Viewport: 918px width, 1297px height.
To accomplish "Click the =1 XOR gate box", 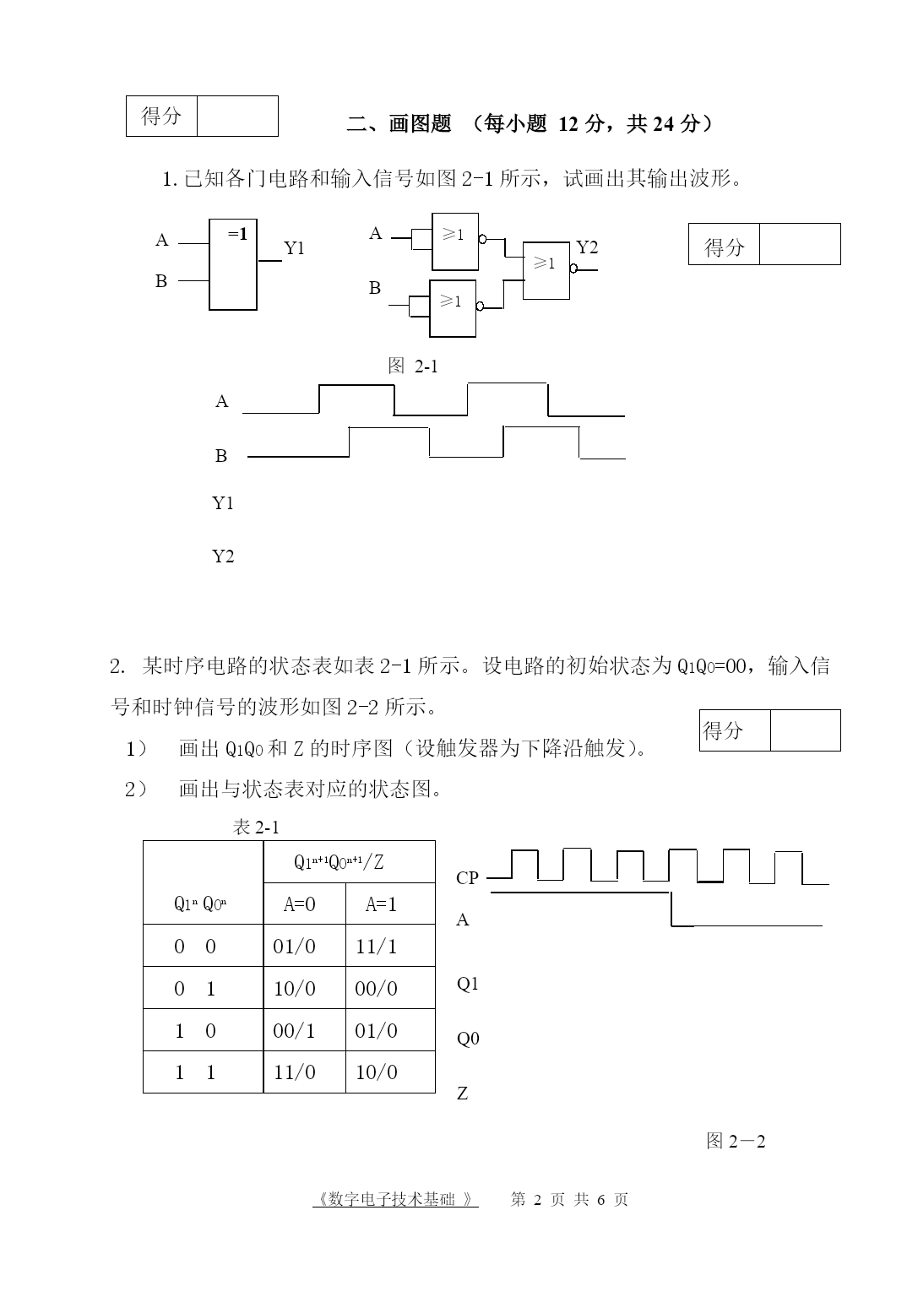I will tap(233, 264).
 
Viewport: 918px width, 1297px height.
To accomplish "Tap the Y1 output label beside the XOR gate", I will tap(294, 248).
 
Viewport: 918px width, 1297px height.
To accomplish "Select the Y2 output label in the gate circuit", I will tap(587, 247).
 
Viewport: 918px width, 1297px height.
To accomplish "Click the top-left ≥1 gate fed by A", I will tap(454, 241).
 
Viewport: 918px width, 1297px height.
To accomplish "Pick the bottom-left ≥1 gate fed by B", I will tap(453, 308).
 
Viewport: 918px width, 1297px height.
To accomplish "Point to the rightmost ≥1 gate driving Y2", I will tap(546, 270).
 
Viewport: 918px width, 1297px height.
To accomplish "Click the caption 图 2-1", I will tap(412, 366).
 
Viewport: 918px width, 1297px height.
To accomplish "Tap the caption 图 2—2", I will tap(736, 1142).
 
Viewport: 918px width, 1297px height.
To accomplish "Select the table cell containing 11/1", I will tap(376, 947).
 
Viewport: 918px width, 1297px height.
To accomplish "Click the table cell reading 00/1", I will tap(294, 1030).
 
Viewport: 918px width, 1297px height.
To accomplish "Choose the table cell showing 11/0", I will tap(294, 1072).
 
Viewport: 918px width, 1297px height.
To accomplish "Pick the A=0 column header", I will tap(299, 905).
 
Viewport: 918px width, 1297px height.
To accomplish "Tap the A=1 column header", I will tap(381, 905).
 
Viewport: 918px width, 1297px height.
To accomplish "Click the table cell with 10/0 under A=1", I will tap(376, 1072).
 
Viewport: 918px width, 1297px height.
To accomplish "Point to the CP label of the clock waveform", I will tap(467, 878).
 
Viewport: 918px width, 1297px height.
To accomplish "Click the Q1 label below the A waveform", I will tap(468, 984).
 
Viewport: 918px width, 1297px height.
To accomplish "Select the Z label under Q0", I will tap(463, 1093).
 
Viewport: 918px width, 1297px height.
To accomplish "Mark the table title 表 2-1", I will tap(255, 828).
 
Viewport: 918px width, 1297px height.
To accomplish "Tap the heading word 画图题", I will tap(420, 124).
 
